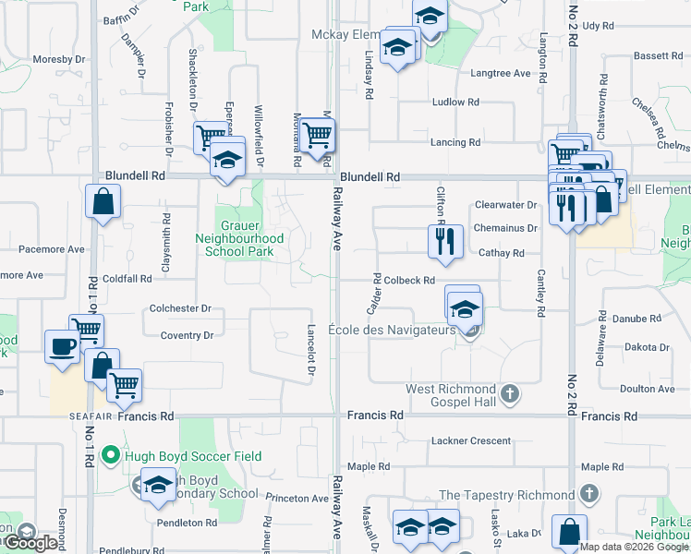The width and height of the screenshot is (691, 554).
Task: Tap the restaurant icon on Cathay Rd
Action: click(x=445, y=242)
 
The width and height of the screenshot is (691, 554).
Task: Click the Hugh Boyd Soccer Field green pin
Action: click(x=111, y=456)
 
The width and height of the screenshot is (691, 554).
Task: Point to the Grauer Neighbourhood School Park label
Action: click(x=252, y=238)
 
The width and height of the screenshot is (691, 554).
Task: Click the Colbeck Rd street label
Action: click(x=409, y=280)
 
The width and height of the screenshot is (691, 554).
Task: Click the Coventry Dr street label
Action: click(x=187, y=335)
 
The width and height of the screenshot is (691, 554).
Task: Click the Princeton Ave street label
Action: click(x=297, y=498)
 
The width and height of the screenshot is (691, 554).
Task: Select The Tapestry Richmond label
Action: click(x=507, y=495)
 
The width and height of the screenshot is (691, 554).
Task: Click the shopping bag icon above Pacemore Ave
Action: click(x=103, y=202)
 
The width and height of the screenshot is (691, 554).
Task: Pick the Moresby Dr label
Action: click(x=58, y=59)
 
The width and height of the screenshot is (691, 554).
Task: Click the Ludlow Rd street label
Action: click(x=455, y=102)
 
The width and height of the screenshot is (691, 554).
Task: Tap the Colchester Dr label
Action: click(x=180, y=308)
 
